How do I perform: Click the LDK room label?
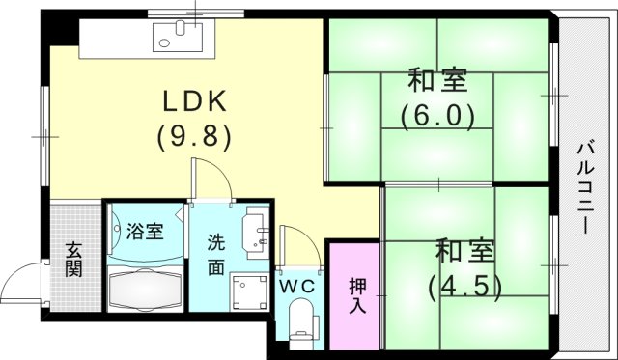coord(192,101)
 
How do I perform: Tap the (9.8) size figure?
coord(193,136)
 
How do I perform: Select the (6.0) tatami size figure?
coord(438,116)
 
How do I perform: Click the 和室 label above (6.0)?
coord(437,80)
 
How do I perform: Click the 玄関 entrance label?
coord(73,258)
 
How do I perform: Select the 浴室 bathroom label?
coord(144,232)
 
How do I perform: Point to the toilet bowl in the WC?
coord(301,319)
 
